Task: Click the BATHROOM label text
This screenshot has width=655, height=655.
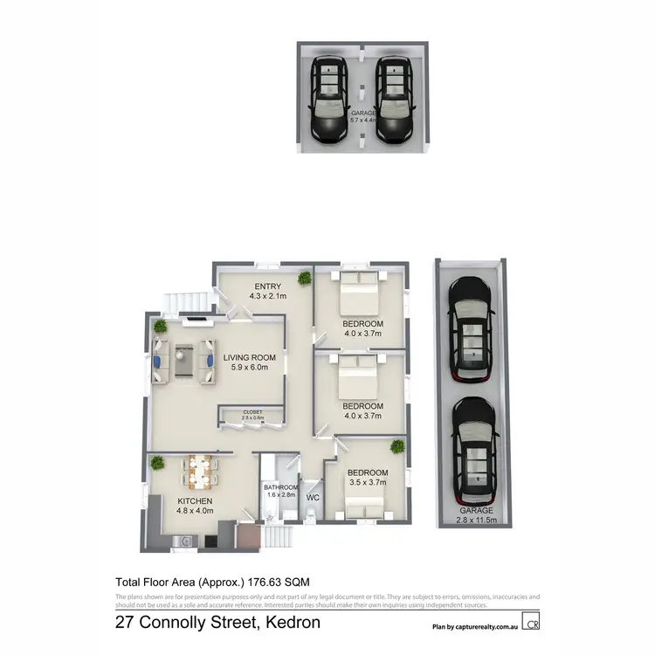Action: pos(281,487)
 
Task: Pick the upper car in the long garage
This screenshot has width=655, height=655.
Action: pos(471,329)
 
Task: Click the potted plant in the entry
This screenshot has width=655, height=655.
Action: pos(304,278)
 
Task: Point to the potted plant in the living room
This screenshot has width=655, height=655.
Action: pos(160,326)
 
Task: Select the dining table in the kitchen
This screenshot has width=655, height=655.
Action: pos(200,472)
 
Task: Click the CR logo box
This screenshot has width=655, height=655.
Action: pos(531,623)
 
